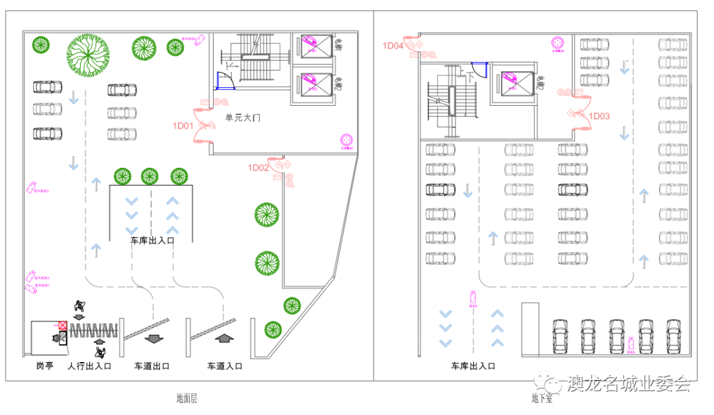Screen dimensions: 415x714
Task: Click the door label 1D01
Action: tap(182, 126)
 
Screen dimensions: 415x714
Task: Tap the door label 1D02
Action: tap(258, 168)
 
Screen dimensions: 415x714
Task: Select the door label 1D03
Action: tap(599, 116)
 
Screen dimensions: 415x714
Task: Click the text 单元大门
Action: tap(243, 118)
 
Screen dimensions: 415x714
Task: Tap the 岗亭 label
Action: tap(44, 365)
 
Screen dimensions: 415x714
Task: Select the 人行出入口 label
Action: tap(89, 365)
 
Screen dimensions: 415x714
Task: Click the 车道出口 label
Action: tap(152, 365)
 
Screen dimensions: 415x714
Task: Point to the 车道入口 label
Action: tap(225, 365)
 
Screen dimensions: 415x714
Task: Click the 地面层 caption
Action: tap(187, 398)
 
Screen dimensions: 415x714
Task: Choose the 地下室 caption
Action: tap(541, 398)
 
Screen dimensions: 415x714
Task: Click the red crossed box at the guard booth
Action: tap(63, 326)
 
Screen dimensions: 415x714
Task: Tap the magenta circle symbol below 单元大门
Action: tap(347, 140)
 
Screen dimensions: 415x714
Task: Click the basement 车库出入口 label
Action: tap(473, 365)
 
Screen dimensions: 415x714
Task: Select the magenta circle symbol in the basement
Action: tap(559, 44)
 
